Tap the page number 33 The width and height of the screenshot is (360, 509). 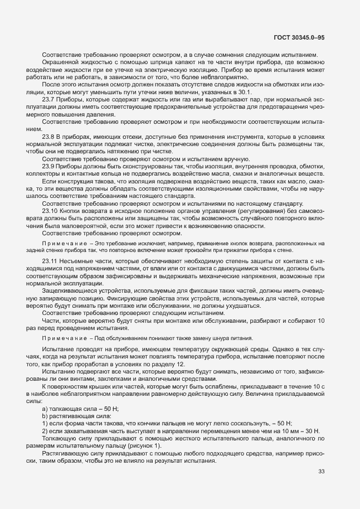click(321, 472)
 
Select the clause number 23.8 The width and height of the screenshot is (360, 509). click(49, 136)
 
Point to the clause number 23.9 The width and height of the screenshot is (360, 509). click(49, 166)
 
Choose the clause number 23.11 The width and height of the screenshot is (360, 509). click(51, 261)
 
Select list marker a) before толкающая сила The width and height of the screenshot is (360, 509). click(45, 410)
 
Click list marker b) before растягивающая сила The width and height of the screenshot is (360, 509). click(45, 416)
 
